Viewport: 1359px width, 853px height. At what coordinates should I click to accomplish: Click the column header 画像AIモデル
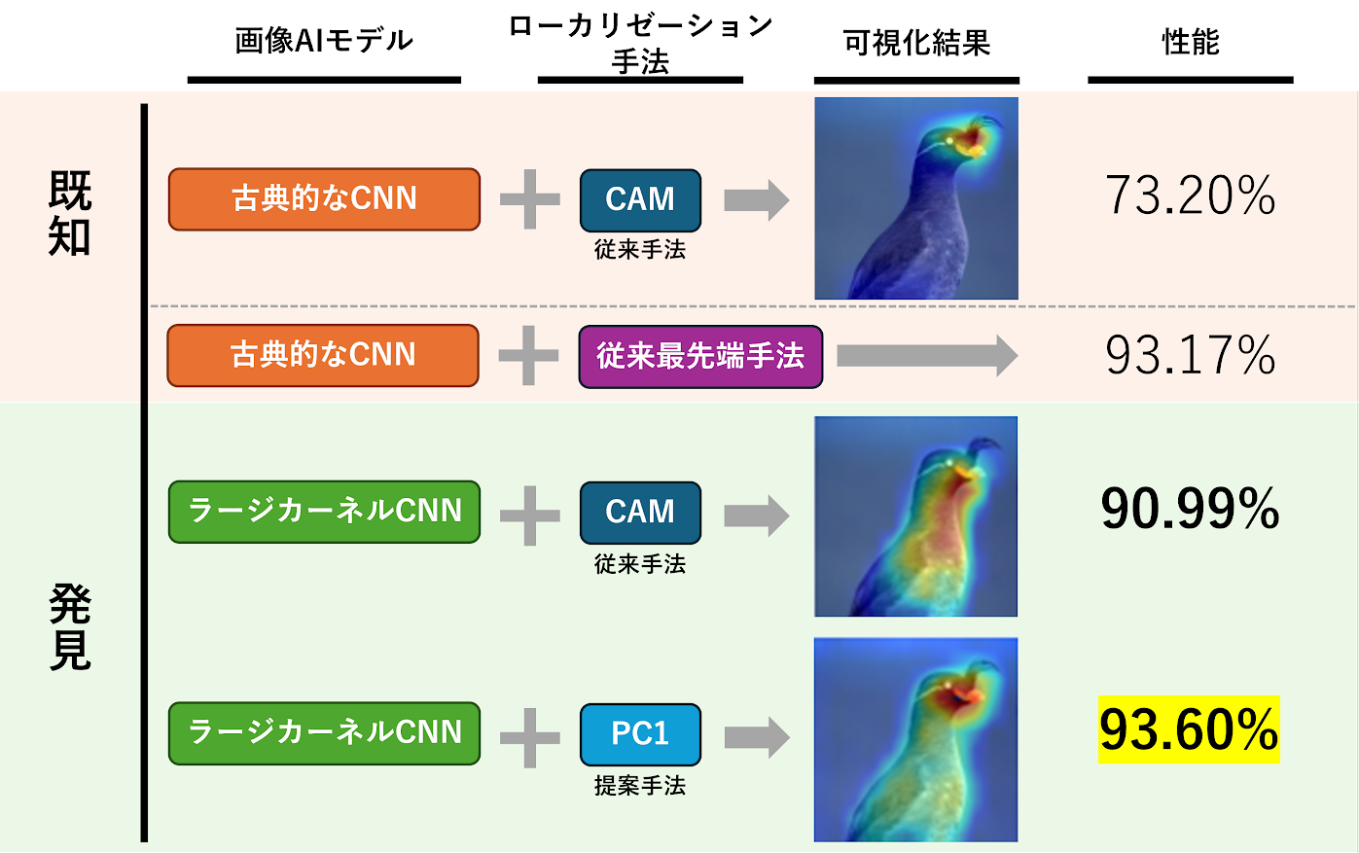[324, 41]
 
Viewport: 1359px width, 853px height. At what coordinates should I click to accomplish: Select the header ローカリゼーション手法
[640, 44]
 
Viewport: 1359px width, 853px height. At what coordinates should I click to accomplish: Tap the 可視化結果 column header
[916, 43]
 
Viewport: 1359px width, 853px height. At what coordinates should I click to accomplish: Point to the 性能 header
[1190, 42]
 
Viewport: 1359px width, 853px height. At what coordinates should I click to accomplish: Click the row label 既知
[70, 213]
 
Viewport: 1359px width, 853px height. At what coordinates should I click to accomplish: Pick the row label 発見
[70, 627]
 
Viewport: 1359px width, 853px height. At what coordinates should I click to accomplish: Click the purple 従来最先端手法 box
[700, 356]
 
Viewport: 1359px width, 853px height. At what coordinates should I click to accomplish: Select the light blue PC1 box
[640, 733]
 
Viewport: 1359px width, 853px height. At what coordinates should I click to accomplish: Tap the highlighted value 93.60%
[1189, 729]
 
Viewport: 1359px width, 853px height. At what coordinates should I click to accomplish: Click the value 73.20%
[1190, 195]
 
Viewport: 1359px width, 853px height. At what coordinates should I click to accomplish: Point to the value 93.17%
[1190, 355]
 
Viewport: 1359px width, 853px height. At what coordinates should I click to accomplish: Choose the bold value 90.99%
[1190, 509]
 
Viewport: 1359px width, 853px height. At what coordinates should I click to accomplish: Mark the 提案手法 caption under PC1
[640, 785]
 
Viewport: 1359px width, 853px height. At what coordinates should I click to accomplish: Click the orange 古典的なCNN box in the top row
[324, 199]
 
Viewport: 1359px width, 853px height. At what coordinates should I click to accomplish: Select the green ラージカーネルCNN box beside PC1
[324, 732]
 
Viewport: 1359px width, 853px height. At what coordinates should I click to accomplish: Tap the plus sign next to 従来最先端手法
[528, 356]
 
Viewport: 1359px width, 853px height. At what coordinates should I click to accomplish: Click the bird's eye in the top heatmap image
[948, 142]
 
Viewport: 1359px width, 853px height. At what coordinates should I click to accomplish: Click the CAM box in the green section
[640, 512]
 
